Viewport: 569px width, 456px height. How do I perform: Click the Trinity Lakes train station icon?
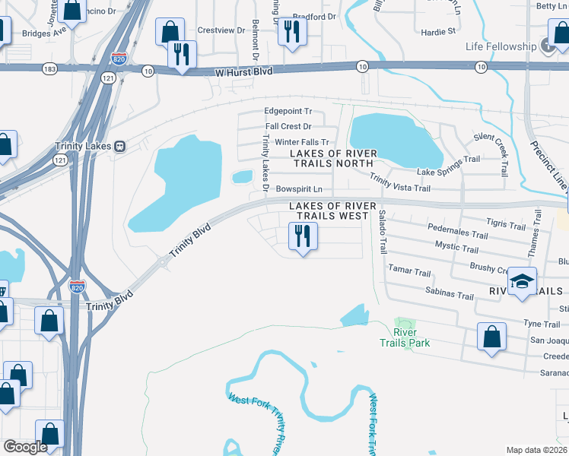119,146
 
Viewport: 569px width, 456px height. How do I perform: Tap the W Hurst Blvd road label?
232,71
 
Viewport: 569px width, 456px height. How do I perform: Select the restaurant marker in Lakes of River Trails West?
303,237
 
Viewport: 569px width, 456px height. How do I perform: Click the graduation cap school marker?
522,282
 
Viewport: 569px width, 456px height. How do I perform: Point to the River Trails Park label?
411,337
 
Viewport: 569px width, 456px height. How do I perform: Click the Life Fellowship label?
501,46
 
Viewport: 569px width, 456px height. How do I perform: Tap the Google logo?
25,447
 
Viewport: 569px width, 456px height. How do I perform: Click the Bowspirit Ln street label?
299,188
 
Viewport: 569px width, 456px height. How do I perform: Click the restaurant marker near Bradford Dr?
291,32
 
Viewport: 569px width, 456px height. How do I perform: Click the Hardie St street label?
437,32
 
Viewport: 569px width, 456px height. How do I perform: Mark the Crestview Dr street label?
221,30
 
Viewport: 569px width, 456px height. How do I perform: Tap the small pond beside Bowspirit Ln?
242,177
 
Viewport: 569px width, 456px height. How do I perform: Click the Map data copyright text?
536,450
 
